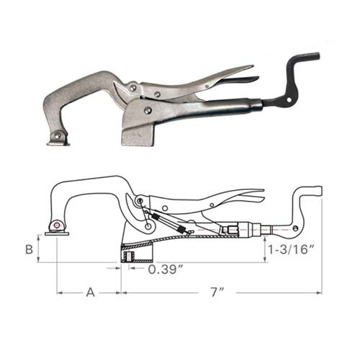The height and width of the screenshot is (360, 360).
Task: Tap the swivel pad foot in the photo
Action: click(58, 139)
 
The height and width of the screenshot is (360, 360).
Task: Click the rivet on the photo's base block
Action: click(148, 110)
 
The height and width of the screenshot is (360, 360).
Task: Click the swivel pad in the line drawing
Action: click(56, 230)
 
